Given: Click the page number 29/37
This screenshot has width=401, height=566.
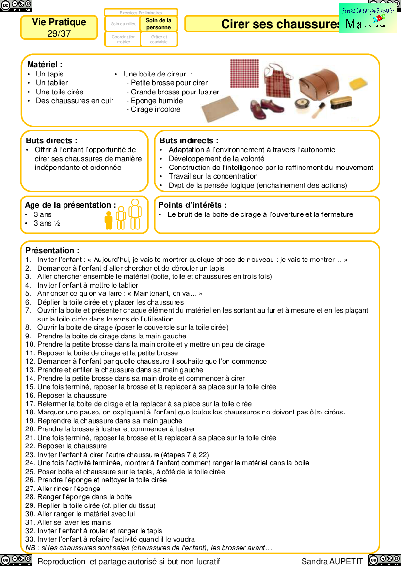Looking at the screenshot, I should tap(59, 33).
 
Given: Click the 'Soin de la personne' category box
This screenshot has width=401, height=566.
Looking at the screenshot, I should tap(159, 24).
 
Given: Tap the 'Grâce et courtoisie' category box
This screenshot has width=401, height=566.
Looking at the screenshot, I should tap(159, 39).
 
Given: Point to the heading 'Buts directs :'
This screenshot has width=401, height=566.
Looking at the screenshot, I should tap(51, 140).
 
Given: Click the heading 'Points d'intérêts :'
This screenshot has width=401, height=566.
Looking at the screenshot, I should tap(192, 205).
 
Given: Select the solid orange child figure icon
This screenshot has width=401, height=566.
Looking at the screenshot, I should tap(109, 220).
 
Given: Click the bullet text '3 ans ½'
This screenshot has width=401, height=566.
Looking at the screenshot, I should tap(47, 223).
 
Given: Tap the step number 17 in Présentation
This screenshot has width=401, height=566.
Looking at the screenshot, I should tap(30, 404).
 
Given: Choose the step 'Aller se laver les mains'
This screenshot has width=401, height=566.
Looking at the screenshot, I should tap(74, 522).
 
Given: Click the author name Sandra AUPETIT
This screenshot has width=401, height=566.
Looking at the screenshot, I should tap(332, 561).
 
